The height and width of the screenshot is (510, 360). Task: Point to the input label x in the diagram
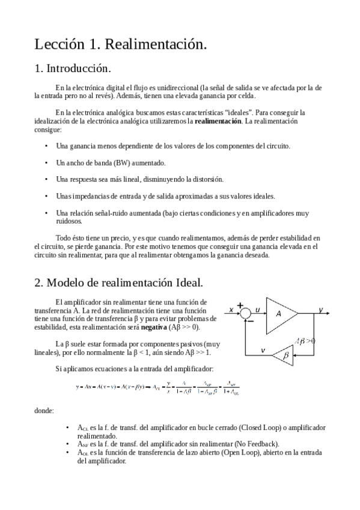[231, 310]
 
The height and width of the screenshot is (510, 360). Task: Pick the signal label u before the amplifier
[257, 309]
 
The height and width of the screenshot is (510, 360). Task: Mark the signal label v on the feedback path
[263, 350]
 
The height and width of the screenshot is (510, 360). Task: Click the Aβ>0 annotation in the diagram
[305, 341]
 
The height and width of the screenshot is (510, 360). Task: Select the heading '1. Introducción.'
[73, 68]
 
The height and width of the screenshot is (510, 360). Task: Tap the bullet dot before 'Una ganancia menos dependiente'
[46, 146]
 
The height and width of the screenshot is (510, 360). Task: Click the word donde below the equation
[44, 411]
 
